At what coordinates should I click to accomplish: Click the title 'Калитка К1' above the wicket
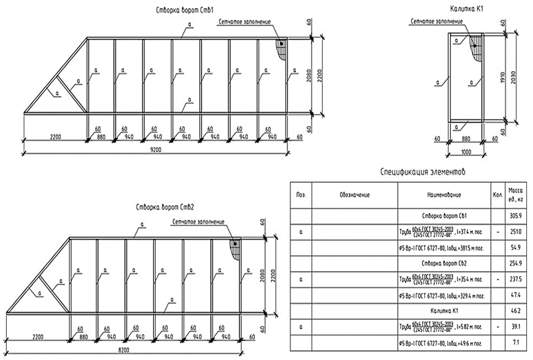click(x=466, y=9)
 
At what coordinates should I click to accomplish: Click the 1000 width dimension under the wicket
click(x=465, y=151)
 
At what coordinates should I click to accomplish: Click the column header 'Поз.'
click(x=301, y=195)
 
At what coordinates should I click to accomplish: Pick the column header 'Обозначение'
click(x=354, y=195)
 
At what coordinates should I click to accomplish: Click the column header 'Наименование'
click(x=444, y=195)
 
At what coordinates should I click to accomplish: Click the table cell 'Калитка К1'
click(x=444, y=311)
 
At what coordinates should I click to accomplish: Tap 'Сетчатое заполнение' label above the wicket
click(x=437, y=22)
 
